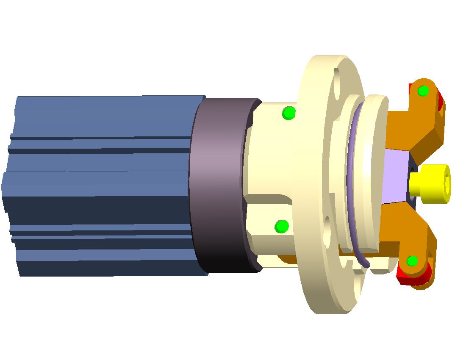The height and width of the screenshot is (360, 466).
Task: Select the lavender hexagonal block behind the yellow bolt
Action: (x=396, y=176)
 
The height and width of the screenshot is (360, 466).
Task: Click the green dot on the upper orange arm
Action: (x=423, y=91)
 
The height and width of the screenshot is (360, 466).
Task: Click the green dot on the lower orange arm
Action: (x=412, y=261)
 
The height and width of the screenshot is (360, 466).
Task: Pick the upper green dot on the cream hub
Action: (x=288, y=113)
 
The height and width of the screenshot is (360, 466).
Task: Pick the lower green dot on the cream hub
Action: (x=281, y=227)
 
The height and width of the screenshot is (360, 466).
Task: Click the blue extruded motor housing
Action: (x=97, y=186)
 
